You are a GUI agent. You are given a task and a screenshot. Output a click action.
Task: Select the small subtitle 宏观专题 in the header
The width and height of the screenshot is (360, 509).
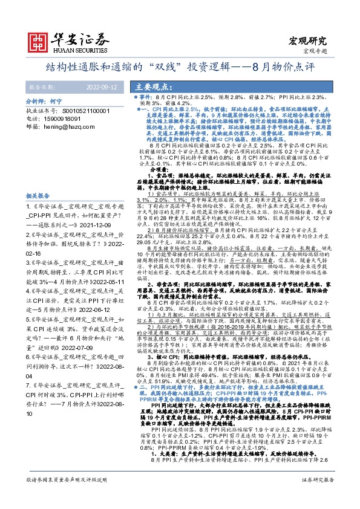pyautogui.click(x=315, y=51)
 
